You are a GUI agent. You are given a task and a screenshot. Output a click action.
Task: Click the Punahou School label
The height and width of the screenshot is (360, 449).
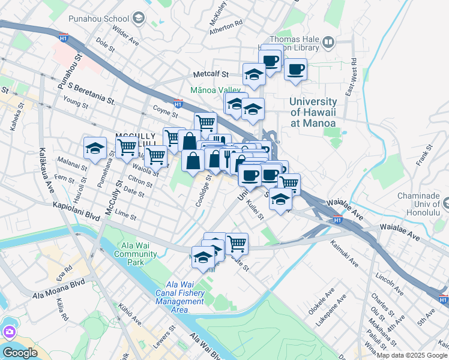103,18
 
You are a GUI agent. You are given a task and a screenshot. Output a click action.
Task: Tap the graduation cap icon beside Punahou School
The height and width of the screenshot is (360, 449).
139,18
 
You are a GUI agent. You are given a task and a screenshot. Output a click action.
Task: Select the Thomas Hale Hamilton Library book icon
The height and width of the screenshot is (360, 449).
328,42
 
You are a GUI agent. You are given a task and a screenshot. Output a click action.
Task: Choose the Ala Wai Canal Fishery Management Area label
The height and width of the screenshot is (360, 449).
180,297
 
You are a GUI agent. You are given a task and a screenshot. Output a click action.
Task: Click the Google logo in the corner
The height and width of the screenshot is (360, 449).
20,353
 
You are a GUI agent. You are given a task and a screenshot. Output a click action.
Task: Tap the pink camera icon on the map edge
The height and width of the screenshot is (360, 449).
9,332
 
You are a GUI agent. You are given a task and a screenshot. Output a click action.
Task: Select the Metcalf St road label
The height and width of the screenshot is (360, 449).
211,75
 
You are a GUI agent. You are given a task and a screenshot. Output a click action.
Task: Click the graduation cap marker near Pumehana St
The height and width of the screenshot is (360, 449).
95,148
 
